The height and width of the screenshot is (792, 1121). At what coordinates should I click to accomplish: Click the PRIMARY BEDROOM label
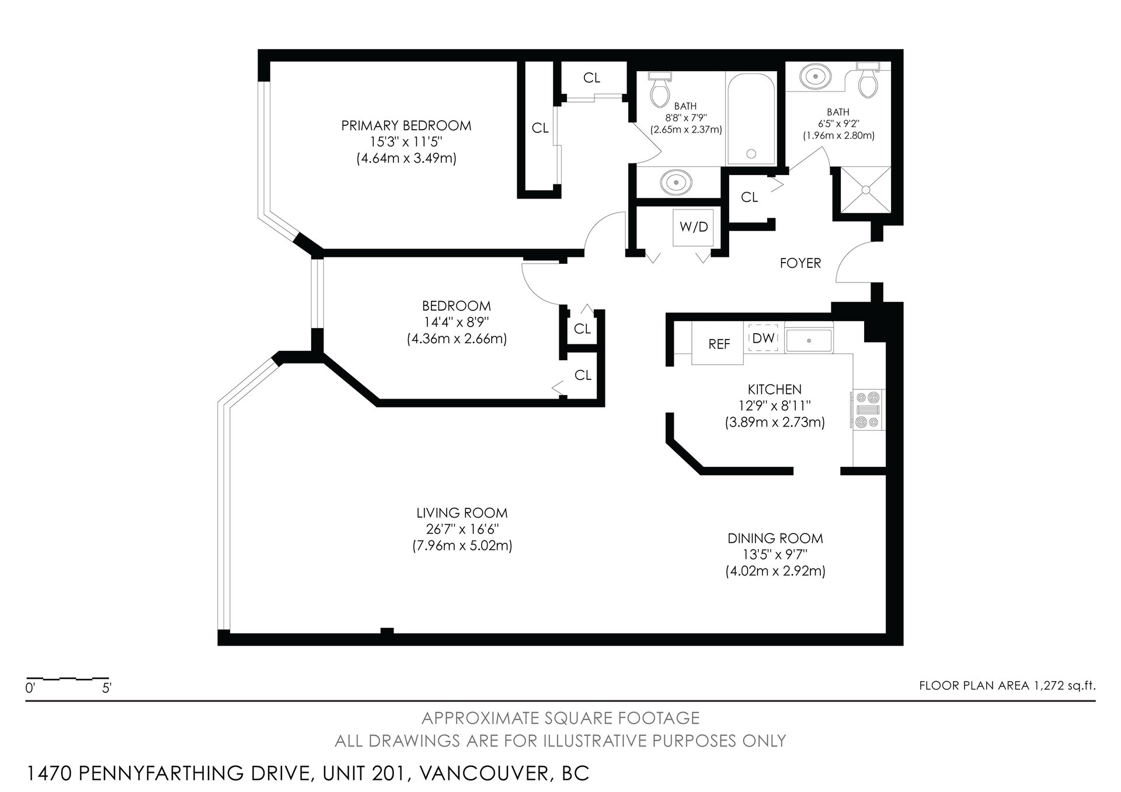(406, 125)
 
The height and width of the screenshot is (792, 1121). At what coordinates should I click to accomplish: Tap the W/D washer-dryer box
(694, 227)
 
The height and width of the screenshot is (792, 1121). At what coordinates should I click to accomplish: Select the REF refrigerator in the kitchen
(718, 344)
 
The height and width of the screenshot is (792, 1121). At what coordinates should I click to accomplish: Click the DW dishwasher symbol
(763, 338)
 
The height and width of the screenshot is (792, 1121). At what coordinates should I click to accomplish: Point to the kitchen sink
(809, 340)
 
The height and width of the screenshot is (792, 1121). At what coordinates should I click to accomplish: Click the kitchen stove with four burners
(867, 410)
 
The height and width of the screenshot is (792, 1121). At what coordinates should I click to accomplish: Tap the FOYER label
(800, 263)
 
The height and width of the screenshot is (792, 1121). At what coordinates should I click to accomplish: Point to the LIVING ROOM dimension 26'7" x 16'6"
(462, 529)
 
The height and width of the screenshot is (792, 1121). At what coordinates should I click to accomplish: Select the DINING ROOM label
(775, 538)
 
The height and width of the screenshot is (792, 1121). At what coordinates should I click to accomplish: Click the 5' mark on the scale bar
(107, 688)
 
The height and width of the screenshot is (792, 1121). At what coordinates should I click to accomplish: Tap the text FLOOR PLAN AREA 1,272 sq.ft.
(1007, 686)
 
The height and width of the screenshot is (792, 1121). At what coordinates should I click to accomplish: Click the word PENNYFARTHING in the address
(193, 773)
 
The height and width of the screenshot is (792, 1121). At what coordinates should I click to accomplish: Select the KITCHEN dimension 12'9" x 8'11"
(774, 405)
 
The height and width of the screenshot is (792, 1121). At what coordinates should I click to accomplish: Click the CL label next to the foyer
(749, 197)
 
